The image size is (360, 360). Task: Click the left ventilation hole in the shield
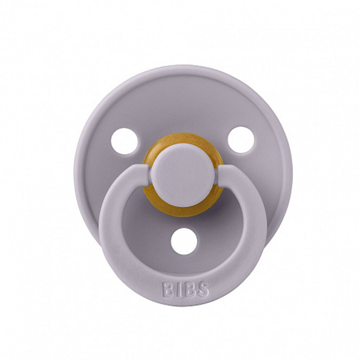tap(124, 141)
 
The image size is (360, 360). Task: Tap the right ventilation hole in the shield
tap(241, 140)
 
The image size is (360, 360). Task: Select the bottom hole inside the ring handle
tap(184, 241)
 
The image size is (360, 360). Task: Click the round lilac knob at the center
tap(183, 175)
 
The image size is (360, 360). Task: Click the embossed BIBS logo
tap(186, 290)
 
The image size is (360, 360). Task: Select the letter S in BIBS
tap(202, 289)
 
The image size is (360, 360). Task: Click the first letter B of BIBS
tap(168, 290)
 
